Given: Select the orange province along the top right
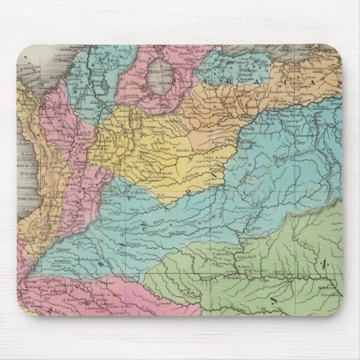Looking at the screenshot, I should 272,95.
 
